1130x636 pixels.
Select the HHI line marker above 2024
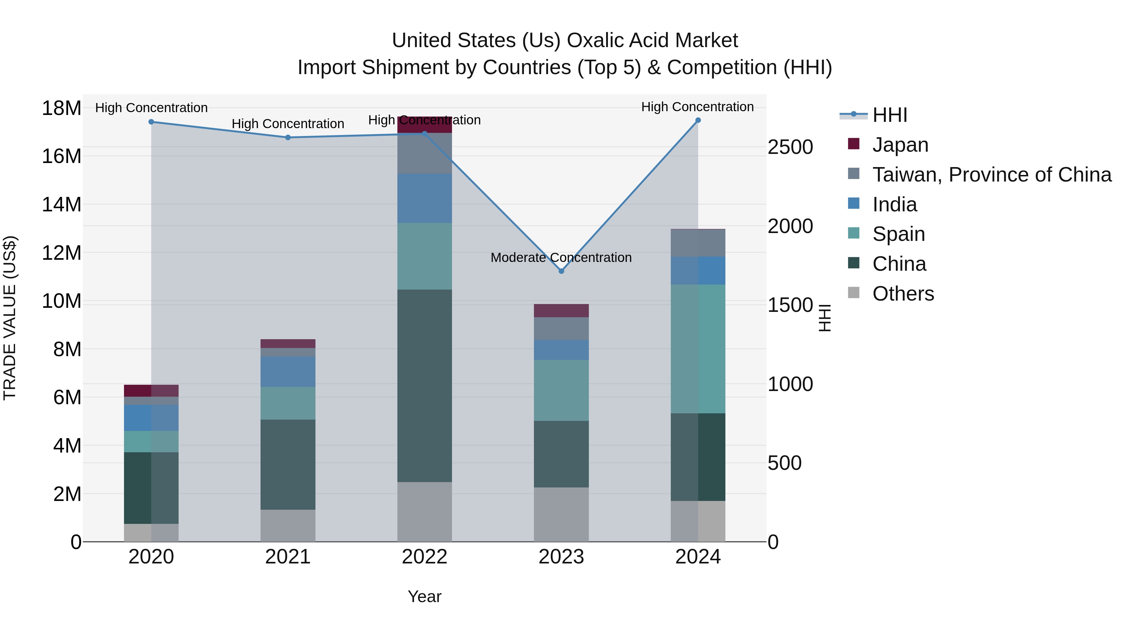[698, 120]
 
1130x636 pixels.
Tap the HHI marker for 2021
[288, 137]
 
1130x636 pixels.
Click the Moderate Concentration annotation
[561, 258]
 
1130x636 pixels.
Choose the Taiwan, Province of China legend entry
[991, 175]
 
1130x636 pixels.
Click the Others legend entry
[903, 294]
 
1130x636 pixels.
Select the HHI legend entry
[889, 115]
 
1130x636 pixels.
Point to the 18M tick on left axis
[62, 108]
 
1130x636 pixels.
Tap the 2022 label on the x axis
[424, 557]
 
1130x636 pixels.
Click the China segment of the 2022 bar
[424, 385]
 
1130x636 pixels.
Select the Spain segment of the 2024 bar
[698, 349]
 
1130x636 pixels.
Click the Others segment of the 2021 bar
[288, 525]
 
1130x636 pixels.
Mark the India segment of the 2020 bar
[151, 418]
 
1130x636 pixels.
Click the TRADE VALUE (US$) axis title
[10, 318]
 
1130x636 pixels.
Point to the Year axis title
[424, 596]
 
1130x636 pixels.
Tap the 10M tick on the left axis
[62, 302]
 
